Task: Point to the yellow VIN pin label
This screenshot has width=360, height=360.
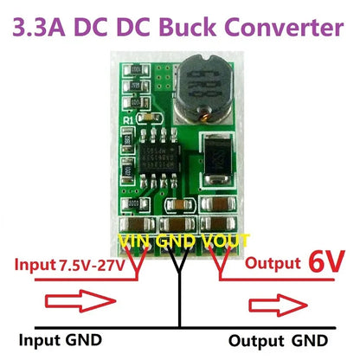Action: (136, 240)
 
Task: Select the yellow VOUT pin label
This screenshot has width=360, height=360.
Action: (226, 240)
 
